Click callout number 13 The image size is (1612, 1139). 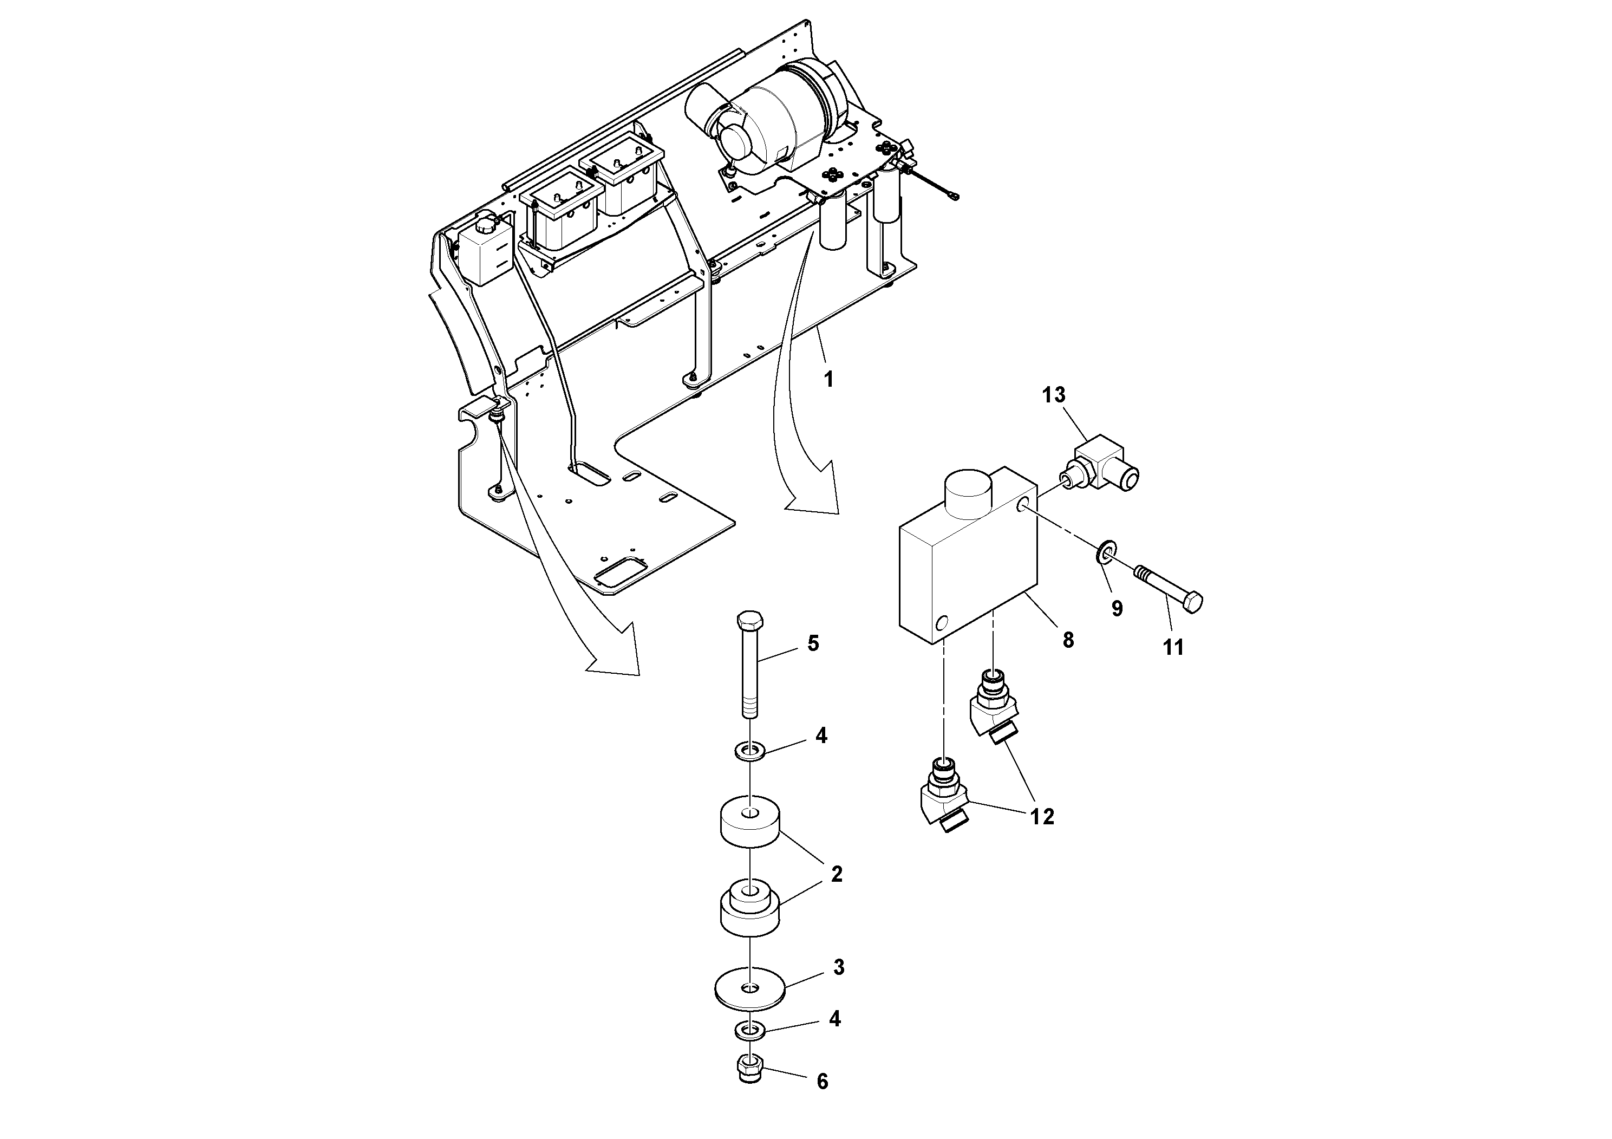(1053, 395)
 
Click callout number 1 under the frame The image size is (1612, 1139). (828, 380)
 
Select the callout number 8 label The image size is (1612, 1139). (1068, 640)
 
